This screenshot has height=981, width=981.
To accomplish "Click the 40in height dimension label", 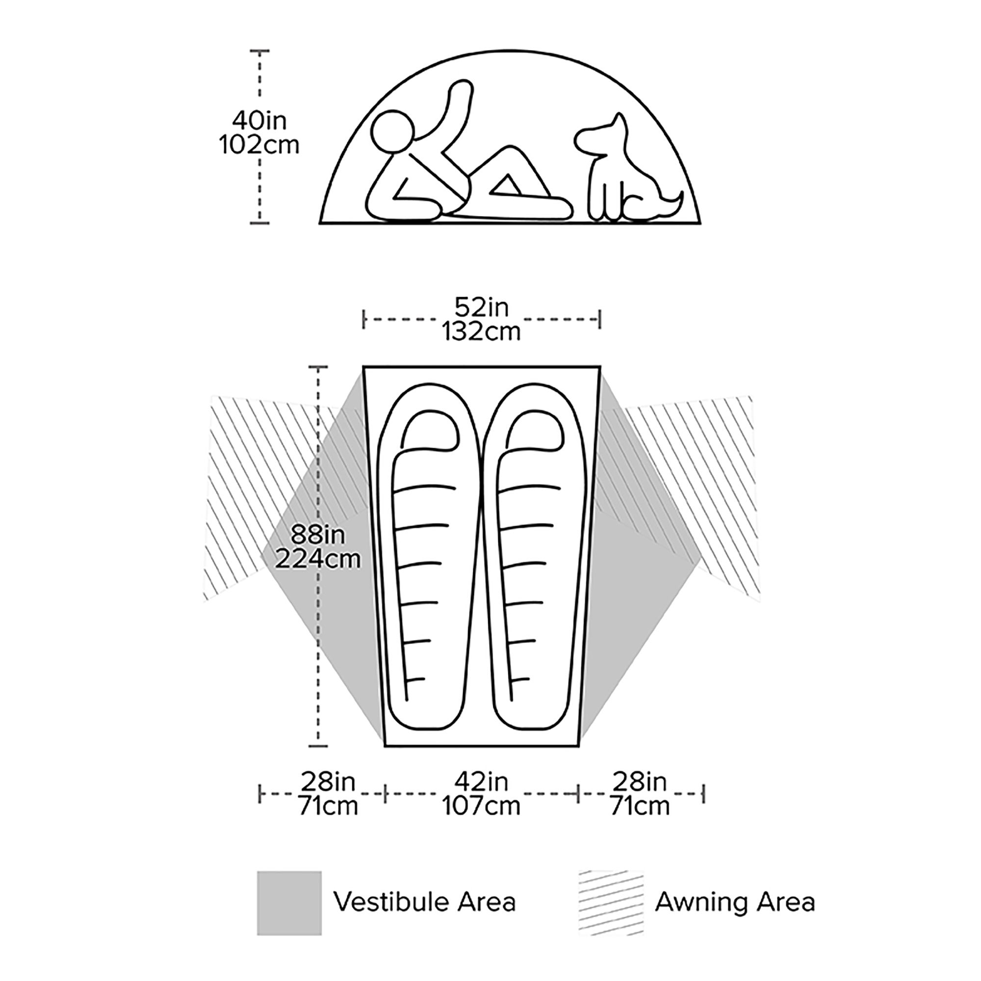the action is pos(259,121).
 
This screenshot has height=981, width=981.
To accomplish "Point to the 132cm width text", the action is pos(481,332).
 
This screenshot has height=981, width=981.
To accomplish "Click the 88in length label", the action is pos(318,535).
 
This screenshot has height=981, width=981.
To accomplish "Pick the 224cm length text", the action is pos(318,559).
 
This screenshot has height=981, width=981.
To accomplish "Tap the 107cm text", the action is pos(481,806).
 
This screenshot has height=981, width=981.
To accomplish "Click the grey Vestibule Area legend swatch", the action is pos(289,904).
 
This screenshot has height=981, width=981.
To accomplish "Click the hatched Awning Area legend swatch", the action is pos(611,904).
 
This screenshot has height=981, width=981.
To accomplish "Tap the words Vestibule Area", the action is pos(424,903).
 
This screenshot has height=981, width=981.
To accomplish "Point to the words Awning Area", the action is pos(735,903).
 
